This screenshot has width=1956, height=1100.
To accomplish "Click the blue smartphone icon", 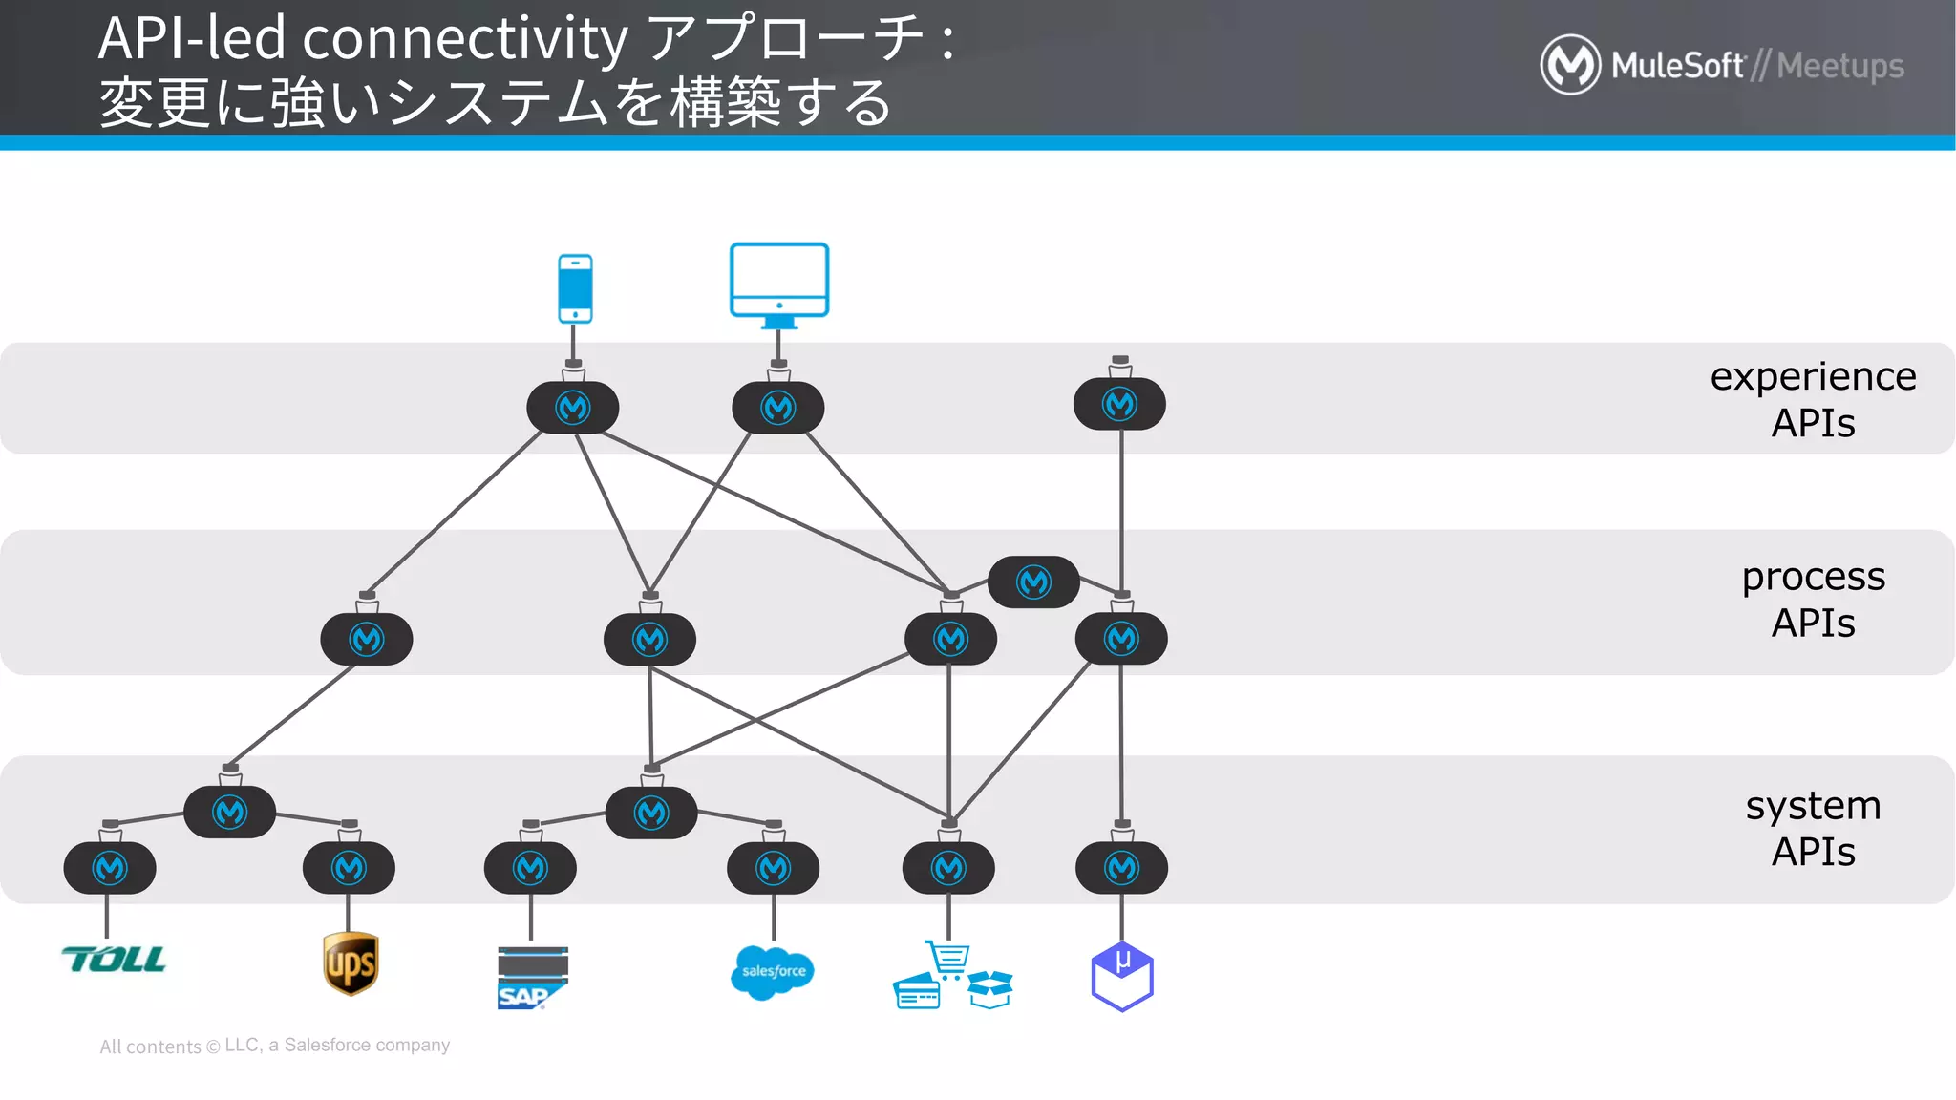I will click(x=575, y=288).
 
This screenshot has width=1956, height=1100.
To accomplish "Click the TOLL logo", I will click(x=114, y=960).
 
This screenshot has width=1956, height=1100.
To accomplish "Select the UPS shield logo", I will click(x=351, y=963).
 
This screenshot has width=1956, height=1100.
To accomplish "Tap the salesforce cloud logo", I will click(x=772, y=972).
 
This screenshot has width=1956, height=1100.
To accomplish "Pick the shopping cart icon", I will click(x=948, y=959).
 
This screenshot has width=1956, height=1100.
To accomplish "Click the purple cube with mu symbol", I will click(x=1122, y=976).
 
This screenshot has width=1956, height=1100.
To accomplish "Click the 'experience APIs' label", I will click(x=1812, y=399).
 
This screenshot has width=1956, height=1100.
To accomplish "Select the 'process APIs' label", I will click(x=1812, y=600).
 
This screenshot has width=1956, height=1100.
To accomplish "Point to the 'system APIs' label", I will click(x=1812, y=828).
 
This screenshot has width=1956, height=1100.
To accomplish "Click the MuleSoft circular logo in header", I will click(x=1569, y=65).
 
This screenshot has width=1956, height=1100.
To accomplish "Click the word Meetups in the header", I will click(x=1839, y=66).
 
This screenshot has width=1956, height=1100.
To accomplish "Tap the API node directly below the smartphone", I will click(x=573, y=408).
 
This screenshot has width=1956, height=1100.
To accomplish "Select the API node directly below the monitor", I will click(x=778, y=408).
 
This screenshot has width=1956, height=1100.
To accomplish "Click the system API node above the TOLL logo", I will click(x=110, y=868).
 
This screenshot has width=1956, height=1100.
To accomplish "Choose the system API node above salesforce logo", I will click(x=773, y=868).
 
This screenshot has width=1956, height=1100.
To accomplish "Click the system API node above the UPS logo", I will click(x=349, y=868).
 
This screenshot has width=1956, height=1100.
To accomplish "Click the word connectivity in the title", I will click(x=465, y=38).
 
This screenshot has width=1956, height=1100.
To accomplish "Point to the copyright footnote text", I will click(x=275, y=1046).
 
